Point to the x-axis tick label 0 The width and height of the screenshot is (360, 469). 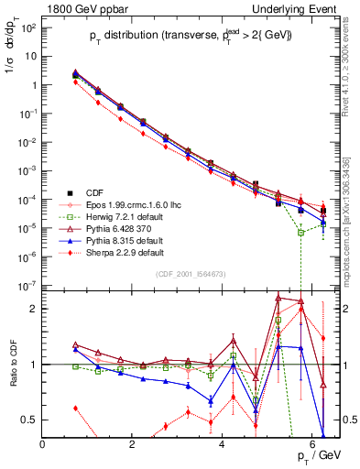[43, 444]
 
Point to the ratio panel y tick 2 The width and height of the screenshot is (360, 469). [34, 309]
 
